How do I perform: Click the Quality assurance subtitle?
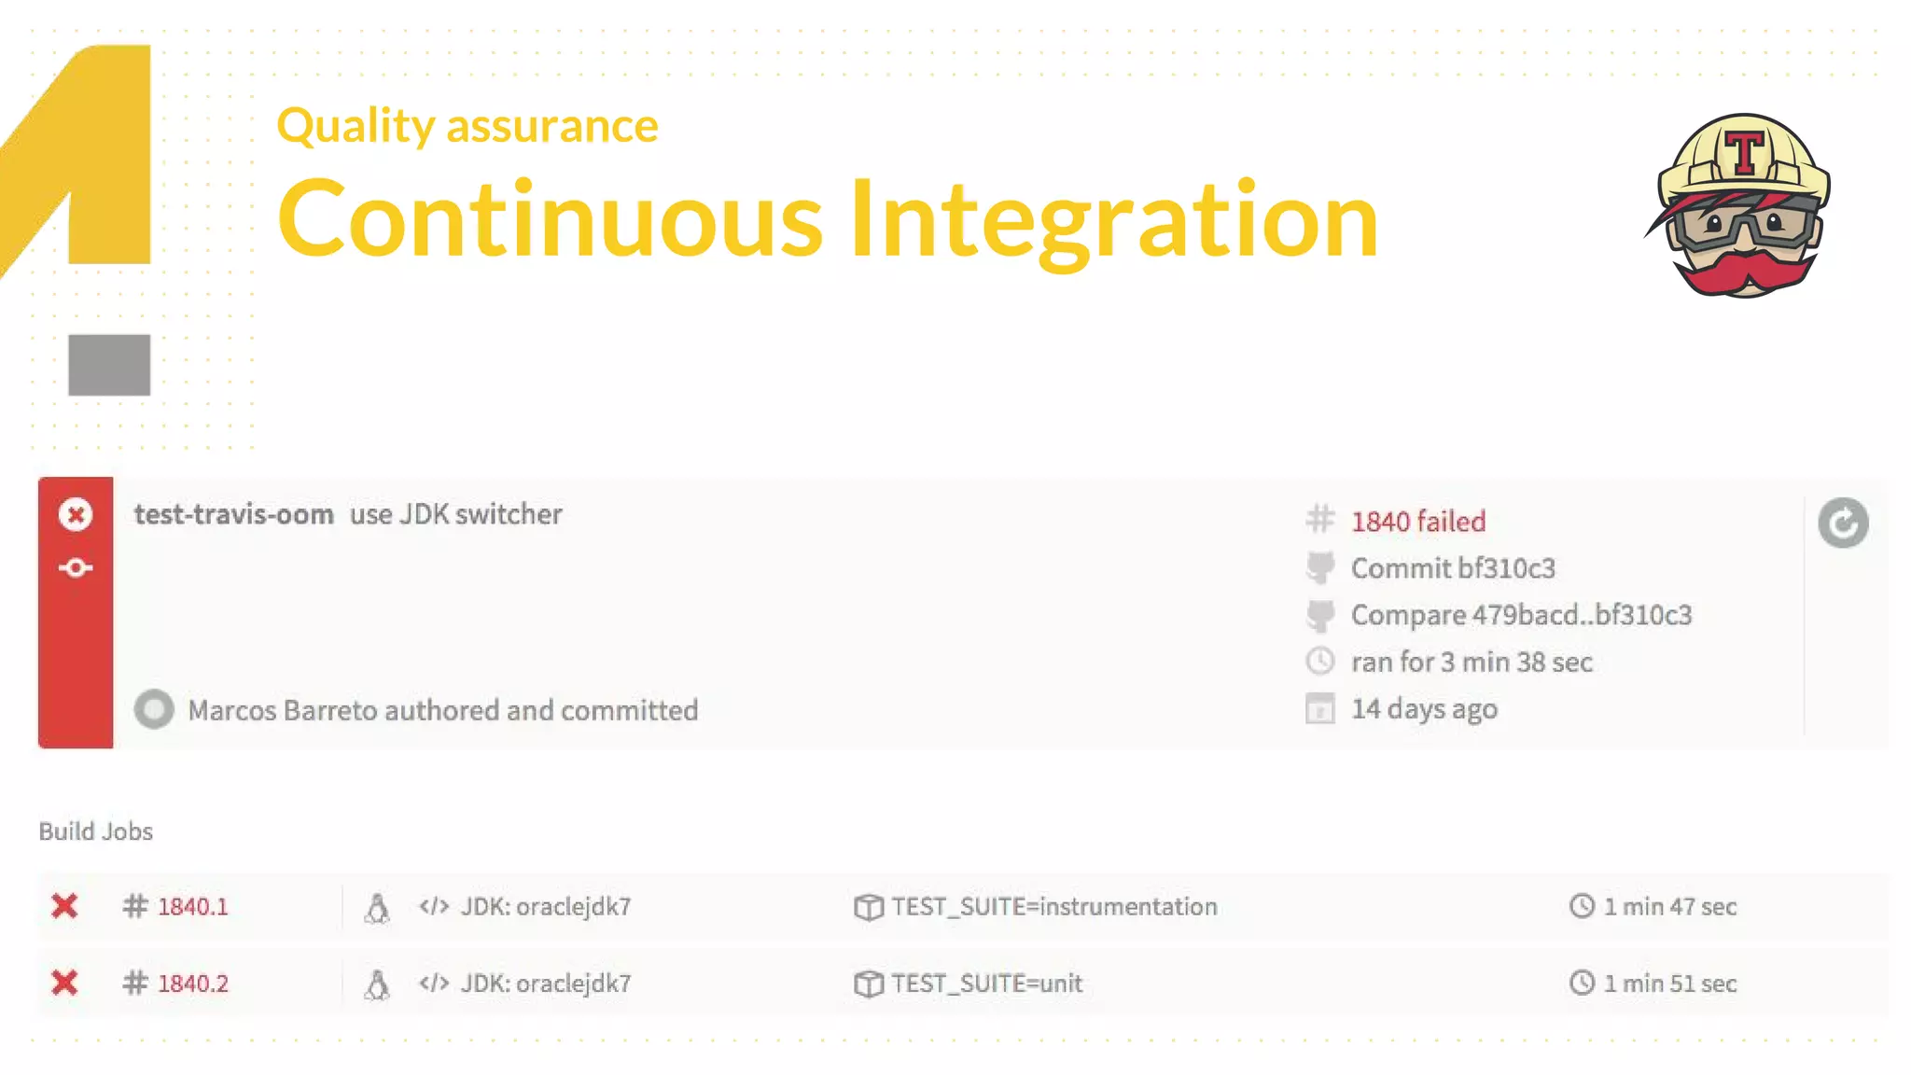click(x=467, y=126)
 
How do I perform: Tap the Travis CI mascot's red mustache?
click(x=1743, y=271)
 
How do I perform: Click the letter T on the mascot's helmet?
click(x=1744, y=152)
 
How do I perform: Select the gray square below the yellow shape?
click(x=109, y=365)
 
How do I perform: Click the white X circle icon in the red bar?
click(x=76, y=514)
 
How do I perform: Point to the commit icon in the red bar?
click(x=76, y=567)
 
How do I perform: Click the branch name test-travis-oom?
click(x=233, y=514)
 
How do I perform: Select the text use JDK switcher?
click(x=455, y=514)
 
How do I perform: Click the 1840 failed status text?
click(x=1417, y=522)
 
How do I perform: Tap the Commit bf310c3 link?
click(x=1452, y=568)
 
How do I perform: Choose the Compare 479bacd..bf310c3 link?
click(x=1520, y=615)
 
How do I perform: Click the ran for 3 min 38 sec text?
click(x=1471, y=663)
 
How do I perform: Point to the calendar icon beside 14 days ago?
click(x=1319, y=709)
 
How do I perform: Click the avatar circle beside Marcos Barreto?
click(x=154, y=709)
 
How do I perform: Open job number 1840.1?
click(x=192, y=907)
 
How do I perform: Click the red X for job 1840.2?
click(x=64, y=983)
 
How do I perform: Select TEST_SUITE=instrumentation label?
click(x=1053, y=907)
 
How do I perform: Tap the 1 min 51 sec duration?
click(x=1669, y=984)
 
